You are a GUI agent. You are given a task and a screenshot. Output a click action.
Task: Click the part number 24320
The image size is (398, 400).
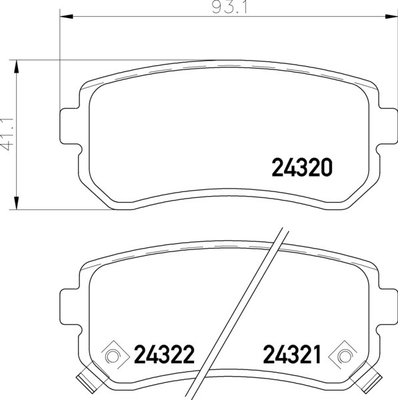(302, 167)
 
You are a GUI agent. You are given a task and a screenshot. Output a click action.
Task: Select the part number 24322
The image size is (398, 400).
(164, 354)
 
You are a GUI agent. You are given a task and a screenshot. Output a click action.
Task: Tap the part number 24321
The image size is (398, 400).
(293, 354)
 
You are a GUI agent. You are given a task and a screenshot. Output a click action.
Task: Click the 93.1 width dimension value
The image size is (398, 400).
(229, 7)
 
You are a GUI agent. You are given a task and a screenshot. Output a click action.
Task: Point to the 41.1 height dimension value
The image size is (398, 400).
(7, 135)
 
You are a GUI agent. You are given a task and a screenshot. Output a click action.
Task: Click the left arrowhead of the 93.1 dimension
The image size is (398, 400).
(66, 17)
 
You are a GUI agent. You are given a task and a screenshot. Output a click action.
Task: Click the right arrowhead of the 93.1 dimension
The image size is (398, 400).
(391, 17)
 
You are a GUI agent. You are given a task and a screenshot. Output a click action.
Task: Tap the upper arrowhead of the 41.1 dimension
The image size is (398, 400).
(17, 67)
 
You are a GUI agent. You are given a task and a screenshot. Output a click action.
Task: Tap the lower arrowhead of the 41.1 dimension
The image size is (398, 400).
(17, 203)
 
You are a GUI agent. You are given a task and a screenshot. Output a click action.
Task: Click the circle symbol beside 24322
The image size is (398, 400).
(112, 356)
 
